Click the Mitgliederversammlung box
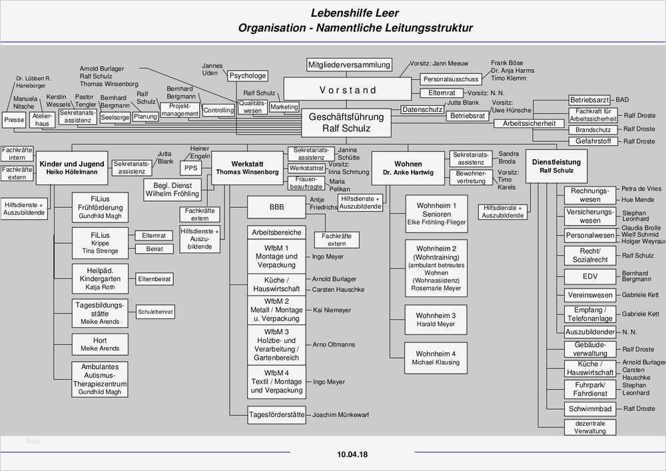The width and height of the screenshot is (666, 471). (x=349, y=65)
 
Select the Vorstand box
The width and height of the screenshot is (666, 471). (x=347, y=90)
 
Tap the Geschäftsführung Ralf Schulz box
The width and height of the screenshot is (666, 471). (x=346, y=122)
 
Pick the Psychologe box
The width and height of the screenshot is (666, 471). (x=248, y=76)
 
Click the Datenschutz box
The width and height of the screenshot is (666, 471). (x=422, y=109)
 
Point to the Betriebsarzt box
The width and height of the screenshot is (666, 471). (x=590, y=100)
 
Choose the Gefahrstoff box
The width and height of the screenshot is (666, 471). (x=593, y=141)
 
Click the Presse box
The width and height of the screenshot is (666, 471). (x=14, y=120)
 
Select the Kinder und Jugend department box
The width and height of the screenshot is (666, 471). (x=72, y=167)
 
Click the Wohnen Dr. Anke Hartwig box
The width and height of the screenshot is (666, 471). (x=408, y=167)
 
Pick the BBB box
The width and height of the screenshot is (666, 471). (x=276, y=207)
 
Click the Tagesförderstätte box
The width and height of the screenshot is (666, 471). (x=276, y=414)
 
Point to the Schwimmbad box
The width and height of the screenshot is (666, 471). (x=589, y=408)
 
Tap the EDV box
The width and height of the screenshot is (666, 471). (x=589, y=276)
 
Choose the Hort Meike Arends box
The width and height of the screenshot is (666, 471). (x=100, y=344)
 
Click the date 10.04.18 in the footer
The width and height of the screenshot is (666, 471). (x=352, y=455)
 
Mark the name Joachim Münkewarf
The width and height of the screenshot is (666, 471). (x=341, y=414)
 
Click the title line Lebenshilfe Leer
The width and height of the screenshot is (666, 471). (x=355, y=13)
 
